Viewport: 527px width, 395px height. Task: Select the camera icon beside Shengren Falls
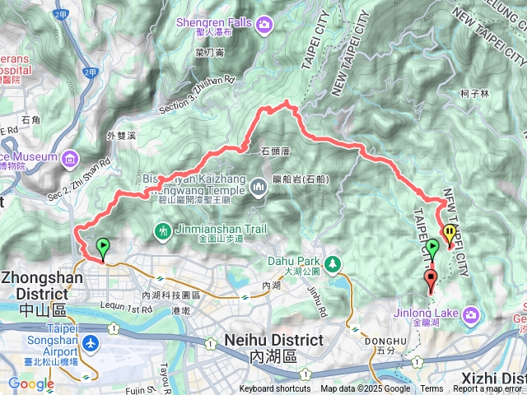point(264,25)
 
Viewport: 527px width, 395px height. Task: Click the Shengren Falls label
point(215,22)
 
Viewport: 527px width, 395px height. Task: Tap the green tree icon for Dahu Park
point(333,264)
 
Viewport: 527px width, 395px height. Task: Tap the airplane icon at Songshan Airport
point(89,342)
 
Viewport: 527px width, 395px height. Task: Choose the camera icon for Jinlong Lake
point(471,314)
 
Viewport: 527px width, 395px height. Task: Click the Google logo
point(31,383)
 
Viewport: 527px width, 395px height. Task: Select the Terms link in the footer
point(431,389)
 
